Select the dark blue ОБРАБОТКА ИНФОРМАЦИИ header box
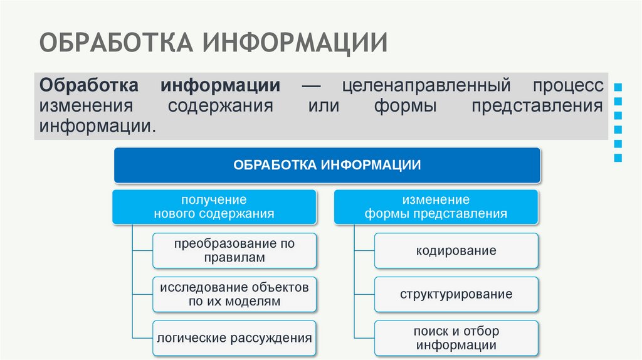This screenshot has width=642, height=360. [327, 166]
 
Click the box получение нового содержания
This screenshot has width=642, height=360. [214, 207]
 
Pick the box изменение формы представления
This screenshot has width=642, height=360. [436, 207]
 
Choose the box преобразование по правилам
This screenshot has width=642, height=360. [234, 250]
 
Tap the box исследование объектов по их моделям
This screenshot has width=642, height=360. [234, 294]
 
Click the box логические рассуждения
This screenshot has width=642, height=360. [234, 338]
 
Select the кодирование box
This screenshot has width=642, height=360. [456, 251]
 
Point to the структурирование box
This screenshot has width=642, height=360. [456, 294]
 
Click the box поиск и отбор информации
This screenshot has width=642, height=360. [456, 338]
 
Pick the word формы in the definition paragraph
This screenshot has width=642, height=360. [405, 105]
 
